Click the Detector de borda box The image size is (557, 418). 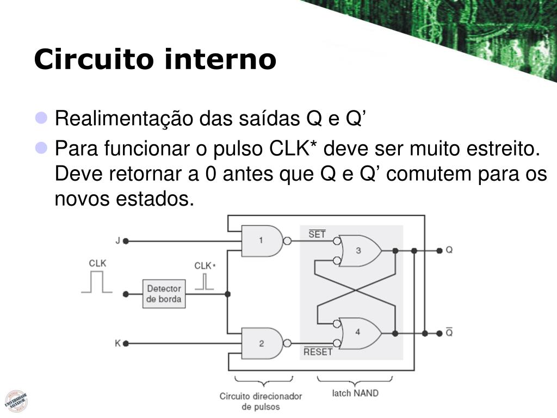click(x=164, y=294)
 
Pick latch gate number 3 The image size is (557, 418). click(x=359, y=250)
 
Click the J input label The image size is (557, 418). click(x=117, y=241)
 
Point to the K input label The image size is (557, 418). click(x=117, y=343)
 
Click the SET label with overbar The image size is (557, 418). click(x=317, y=235)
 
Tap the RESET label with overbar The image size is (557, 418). click(x=318, y=352)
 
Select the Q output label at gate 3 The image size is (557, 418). click(x=449, y=250)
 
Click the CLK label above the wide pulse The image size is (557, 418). click(x=97, y=263)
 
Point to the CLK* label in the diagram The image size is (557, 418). click(x=205, y=266)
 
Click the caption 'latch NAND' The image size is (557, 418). click(x=355, y=392)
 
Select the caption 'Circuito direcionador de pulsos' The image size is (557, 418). click(x=261, y=401)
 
